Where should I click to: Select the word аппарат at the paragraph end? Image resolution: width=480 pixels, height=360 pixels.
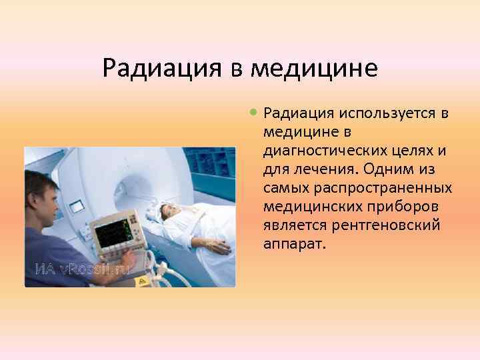tap(294, 244)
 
